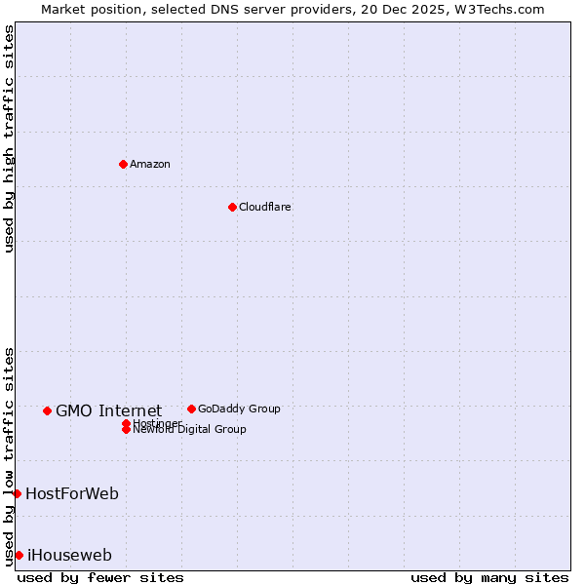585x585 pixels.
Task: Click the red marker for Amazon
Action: click(123, 164)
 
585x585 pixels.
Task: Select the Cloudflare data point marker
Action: click(232, 207)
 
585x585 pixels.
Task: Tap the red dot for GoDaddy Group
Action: click(191, 409)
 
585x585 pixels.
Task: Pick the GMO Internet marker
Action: click(47, 410)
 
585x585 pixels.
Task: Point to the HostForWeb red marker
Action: click(17, 493)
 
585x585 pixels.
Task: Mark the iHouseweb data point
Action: click(19, 555)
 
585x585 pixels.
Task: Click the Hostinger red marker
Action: click(126, 423)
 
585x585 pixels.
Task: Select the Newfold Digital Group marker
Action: click(126, 429)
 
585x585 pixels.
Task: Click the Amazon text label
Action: click(150, 164)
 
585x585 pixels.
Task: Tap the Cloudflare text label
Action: click(265, 207)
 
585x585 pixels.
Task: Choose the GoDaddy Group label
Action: click(239, 409)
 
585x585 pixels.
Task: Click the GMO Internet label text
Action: click(108, 410)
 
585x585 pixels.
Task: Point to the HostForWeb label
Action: click(72, 493)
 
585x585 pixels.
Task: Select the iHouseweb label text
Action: click(69, 555)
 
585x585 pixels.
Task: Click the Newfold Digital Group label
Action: click(190, 430)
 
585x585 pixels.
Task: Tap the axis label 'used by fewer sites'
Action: click(100, 577)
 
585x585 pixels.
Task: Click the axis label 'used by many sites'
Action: click(489, 577)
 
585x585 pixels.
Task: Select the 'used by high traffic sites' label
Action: click(10, 138)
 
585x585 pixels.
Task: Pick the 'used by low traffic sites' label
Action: click(10, 456)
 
